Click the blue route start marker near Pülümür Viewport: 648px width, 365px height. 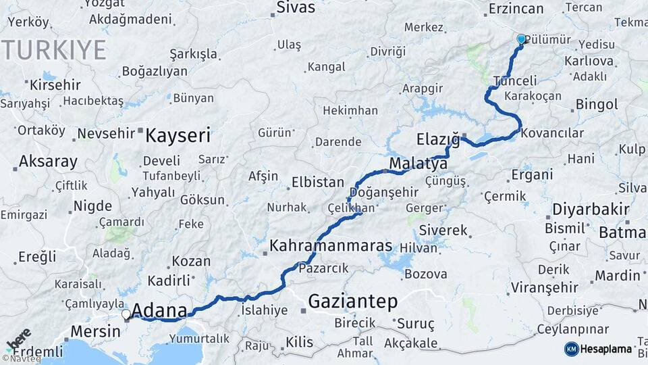521,39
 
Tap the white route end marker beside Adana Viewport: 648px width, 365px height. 126,314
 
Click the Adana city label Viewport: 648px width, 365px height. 159,311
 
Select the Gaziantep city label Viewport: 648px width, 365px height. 352,301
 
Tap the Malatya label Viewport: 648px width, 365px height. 418,164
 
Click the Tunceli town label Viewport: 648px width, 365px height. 515,80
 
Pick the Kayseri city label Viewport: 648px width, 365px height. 178,135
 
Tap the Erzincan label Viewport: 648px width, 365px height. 516,8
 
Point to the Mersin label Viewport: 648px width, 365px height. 95,332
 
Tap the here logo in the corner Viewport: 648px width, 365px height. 19,339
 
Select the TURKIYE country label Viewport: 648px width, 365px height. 54,50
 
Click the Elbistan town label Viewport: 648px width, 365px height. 317,182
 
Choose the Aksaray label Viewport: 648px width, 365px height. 48,162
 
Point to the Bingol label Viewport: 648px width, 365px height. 596,105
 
